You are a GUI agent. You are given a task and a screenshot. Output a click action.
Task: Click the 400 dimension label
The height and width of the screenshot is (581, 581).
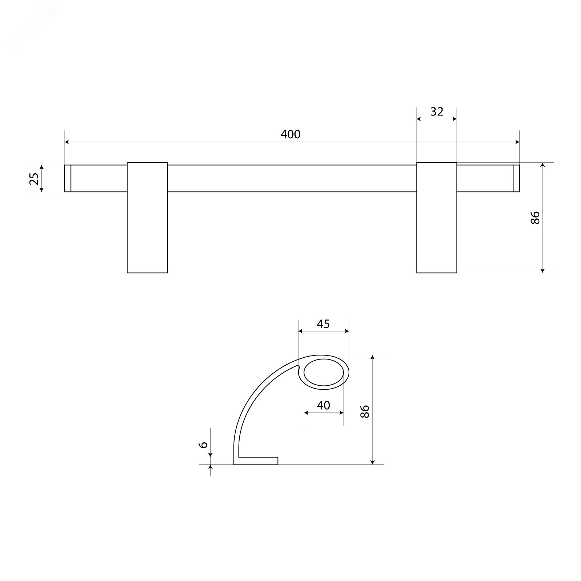pos(290,134)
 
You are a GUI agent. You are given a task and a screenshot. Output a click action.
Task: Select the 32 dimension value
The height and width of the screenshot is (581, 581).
pos(437,111)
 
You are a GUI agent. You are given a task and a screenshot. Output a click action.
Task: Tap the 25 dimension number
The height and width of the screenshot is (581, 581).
pos(34,178)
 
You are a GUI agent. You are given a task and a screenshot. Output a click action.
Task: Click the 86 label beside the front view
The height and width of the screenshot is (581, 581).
pos(536,218)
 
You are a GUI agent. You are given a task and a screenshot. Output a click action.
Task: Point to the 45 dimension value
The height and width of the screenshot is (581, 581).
pos(323,324)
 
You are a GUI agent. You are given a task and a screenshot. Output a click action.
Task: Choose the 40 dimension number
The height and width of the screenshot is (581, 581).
pos(323,405)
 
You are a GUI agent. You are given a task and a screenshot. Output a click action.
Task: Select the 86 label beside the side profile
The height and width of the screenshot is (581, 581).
pos(365,411)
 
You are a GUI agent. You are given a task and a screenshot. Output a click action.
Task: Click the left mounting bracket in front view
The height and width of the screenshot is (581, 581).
pos(147,218)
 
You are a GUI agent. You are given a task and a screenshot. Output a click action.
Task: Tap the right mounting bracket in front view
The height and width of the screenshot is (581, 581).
pos(436,218)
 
